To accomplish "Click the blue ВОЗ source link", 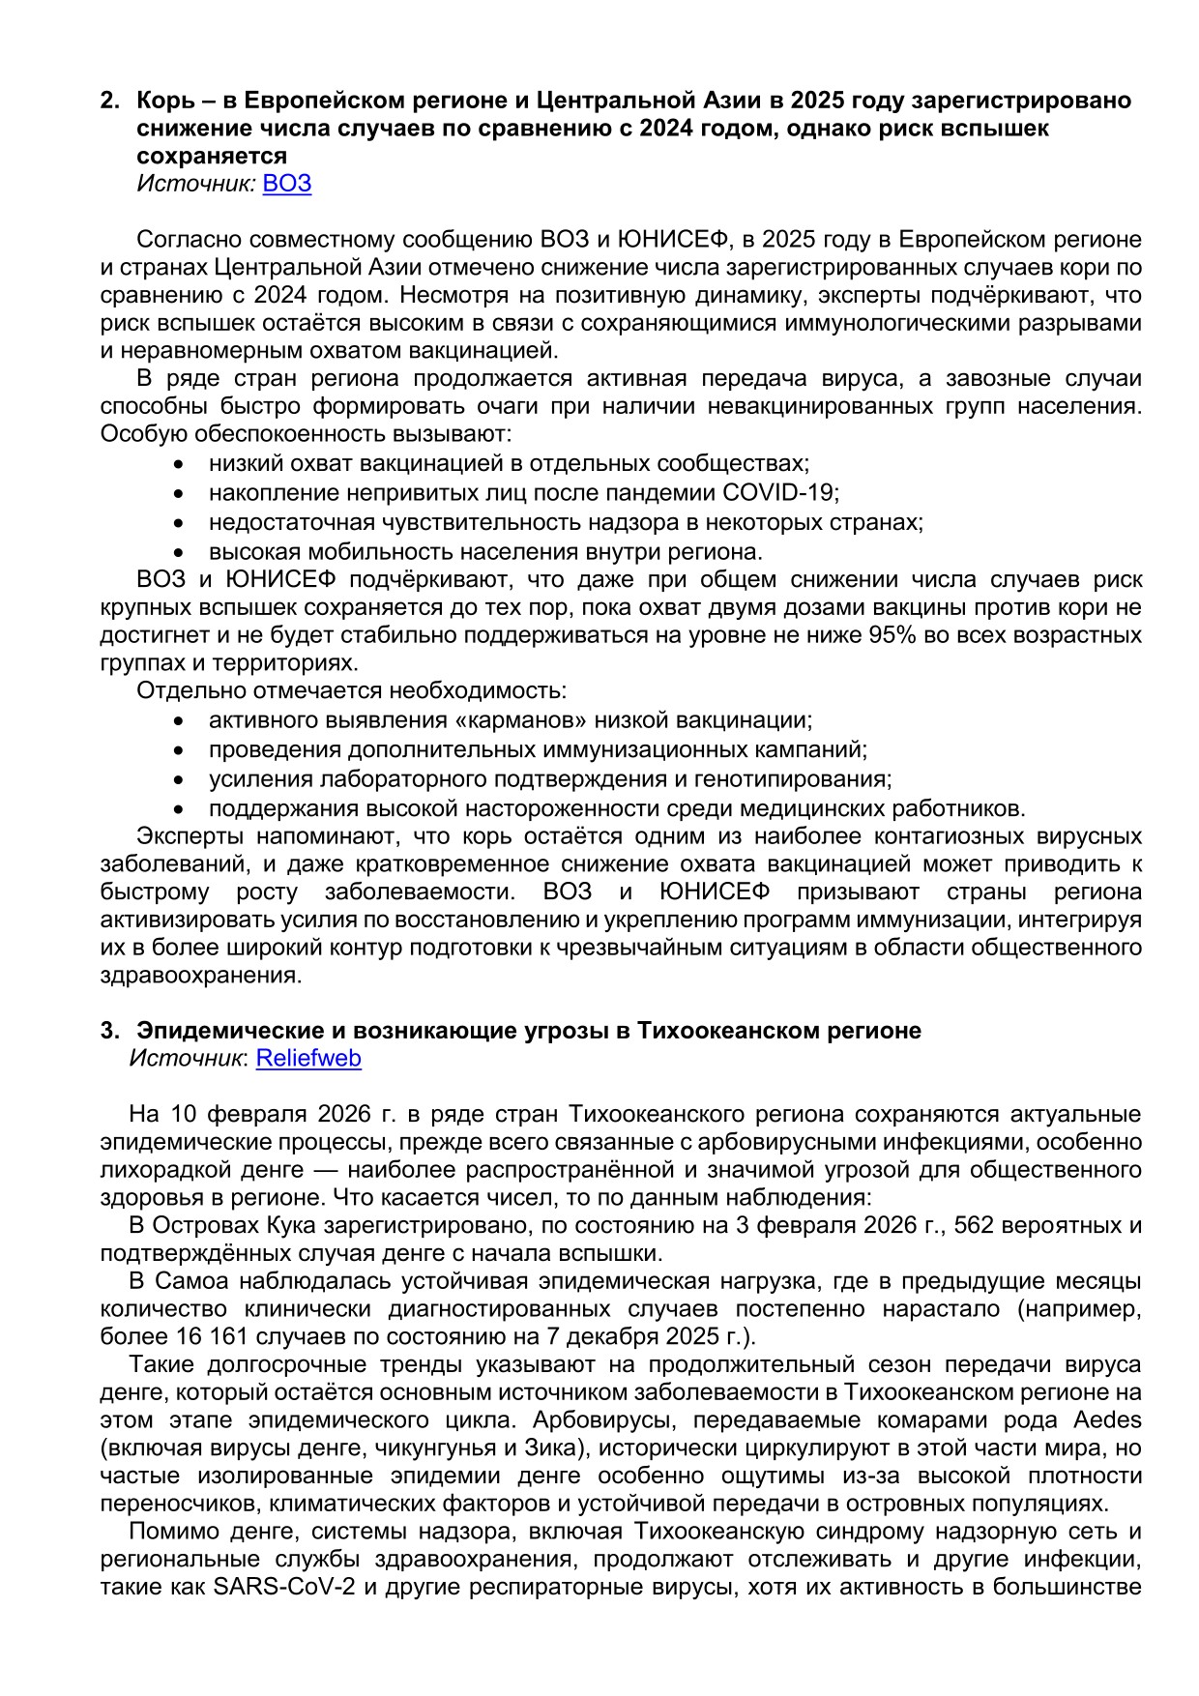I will coord(287,184).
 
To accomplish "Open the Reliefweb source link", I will coord(308,1058).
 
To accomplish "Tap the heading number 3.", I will coord(109,1031).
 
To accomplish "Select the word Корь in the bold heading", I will coord(165,101).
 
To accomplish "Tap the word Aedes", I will coord(1107,1419).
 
